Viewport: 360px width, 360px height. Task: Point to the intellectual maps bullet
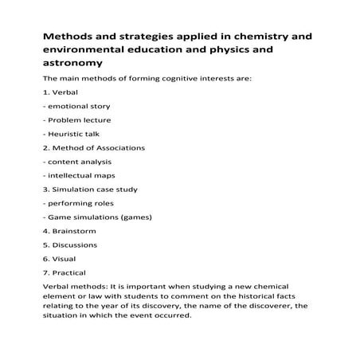tap(82, 175)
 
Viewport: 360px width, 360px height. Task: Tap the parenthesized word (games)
tap(132, 217)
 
